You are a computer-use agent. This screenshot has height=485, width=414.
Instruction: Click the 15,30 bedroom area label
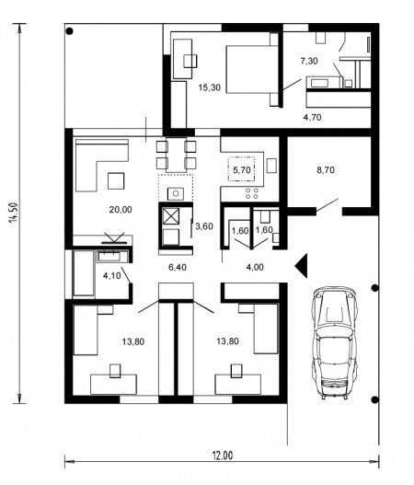[210, 87]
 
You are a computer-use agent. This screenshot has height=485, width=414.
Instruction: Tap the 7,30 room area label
[309, 61]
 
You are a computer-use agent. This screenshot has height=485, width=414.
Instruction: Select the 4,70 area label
[312, 117]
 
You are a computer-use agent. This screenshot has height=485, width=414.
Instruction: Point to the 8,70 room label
[326, 170]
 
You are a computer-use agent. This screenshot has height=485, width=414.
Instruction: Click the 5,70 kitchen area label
[241, 169]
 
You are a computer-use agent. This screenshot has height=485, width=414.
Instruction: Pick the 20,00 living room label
[121, 210]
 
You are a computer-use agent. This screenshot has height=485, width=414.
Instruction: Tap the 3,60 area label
[204, 226]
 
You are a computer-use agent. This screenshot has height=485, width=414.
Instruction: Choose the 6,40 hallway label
[178, 267]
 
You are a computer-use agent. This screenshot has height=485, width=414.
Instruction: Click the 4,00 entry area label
[255, 267]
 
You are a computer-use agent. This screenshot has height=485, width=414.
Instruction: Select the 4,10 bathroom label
[111, 275]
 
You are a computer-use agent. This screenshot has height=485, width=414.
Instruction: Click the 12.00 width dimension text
[223, 456]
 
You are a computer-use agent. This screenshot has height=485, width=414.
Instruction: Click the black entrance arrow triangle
[301, 265]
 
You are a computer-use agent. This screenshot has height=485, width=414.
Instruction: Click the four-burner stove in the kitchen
[252, 193]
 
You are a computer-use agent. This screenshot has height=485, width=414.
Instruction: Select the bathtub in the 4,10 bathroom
[84, 273]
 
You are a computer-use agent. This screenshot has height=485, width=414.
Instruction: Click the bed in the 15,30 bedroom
[252, 69]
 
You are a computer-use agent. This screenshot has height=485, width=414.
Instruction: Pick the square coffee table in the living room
[116, 181]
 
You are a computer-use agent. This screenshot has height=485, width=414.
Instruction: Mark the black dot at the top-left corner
[70, 31]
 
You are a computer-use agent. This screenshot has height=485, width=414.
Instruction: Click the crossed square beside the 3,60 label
[171, 216]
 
